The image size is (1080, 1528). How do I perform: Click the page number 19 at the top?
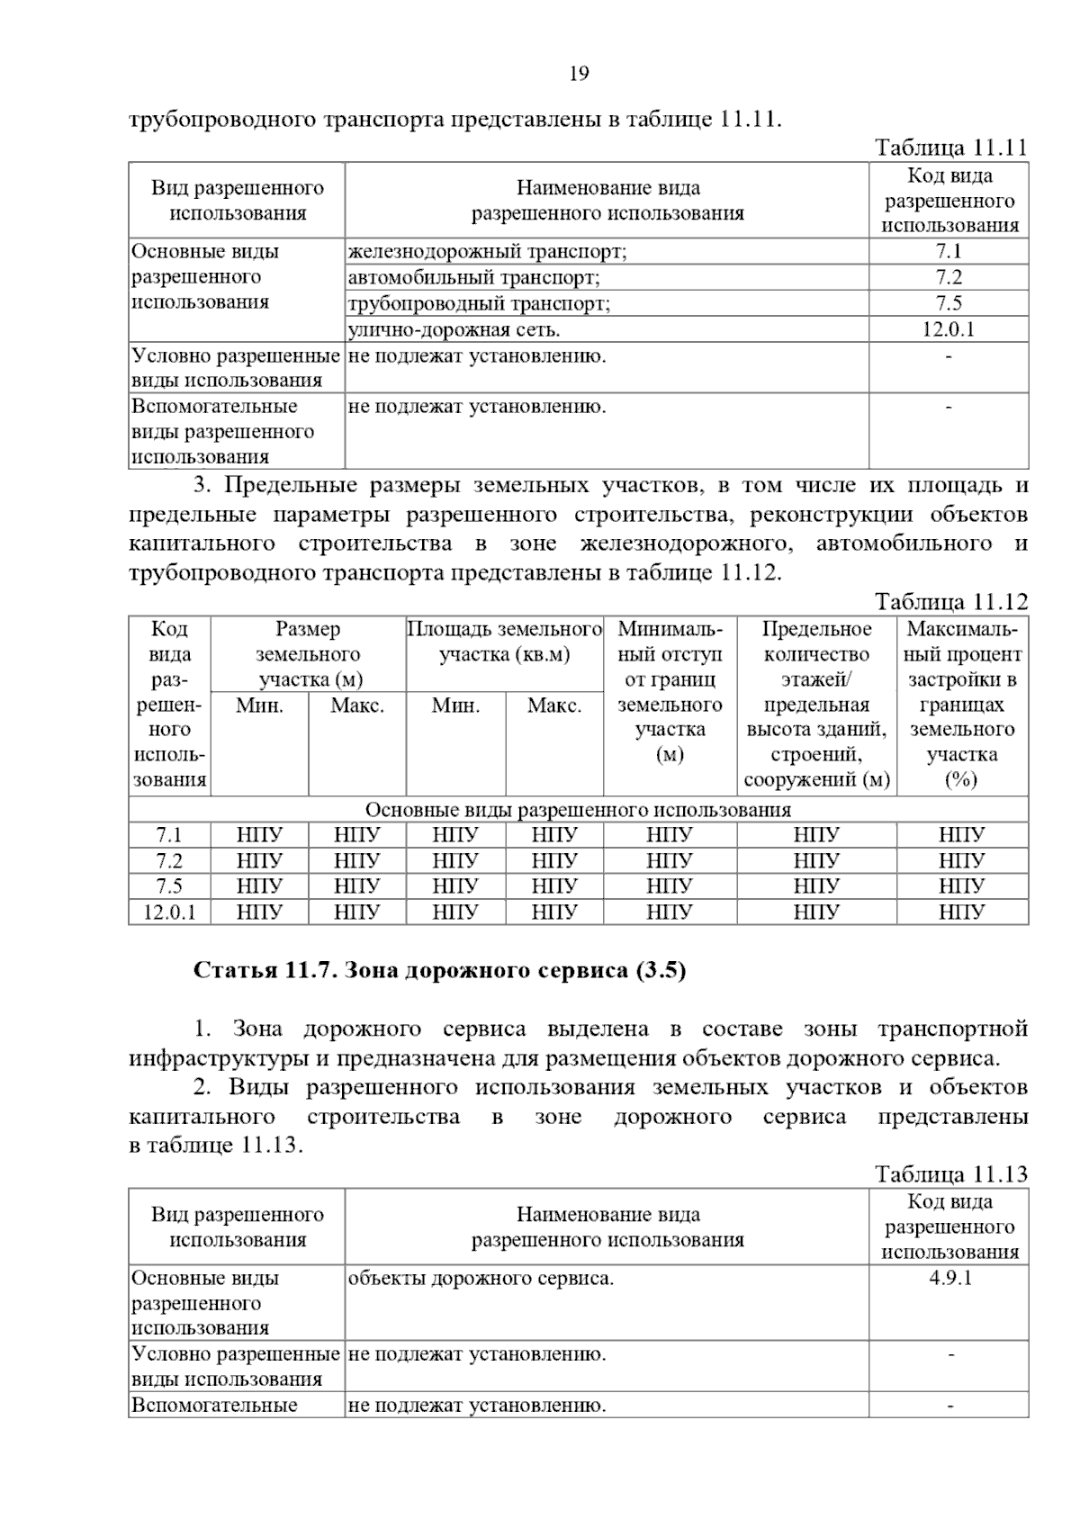(x=579, y=74)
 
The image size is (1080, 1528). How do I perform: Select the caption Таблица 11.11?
(x=950, y=148)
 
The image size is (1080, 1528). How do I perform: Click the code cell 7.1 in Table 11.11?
(x=949, y=252)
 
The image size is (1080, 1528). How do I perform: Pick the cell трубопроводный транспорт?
(x=479, y=303)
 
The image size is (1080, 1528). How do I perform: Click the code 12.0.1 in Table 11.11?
(x=949, y=329)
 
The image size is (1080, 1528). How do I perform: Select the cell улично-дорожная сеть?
(x=454, y=329)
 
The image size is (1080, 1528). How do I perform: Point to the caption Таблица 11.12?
(x=950, y=602)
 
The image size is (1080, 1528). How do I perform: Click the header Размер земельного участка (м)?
(x=308, y=654)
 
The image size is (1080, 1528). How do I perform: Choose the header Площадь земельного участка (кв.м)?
(x=504, y=642)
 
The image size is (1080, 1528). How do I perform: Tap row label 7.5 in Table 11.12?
(x=169, y=886)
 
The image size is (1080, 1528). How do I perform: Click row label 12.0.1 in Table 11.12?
(x=169, y=912)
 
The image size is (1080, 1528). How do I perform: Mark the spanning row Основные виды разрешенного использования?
(x=578, y=810)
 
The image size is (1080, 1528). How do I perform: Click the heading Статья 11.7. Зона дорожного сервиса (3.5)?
(x=440, y=971)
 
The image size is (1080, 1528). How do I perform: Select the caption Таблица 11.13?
(x=950, y=1174)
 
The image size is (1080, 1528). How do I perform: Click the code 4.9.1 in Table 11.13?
(x=949, y=1278)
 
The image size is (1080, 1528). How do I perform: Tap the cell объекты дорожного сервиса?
(x=481, y=1278)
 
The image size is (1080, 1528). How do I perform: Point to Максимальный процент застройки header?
(x=961, y=704)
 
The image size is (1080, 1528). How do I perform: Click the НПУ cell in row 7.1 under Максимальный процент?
(x=961, y=835)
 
